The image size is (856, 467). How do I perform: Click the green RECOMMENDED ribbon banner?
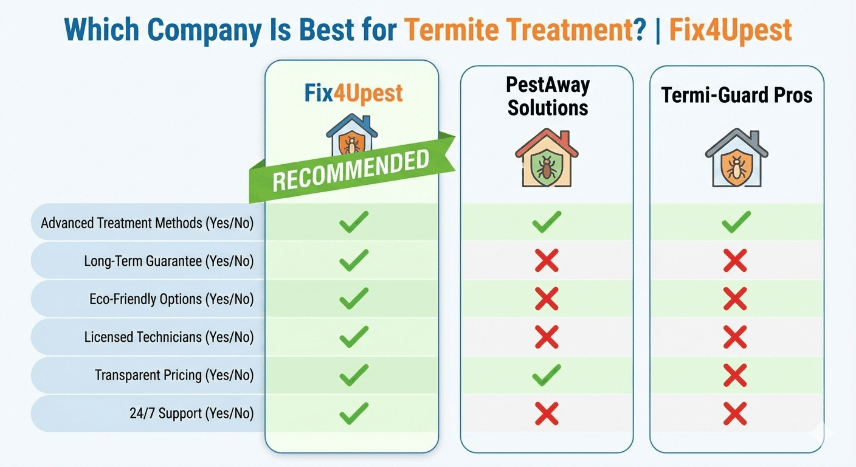click(x=351, y=168)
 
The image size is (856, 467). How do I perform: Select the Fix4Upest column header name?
click(x=353, y=94)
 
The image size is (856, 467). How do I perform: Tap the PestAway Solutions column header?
click(x=548, y=96)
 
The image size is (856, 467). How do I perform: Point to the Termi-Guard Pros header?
click(x=737, y=95)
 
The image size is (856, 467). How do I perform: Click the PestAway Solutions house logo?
click(x=547, y=157)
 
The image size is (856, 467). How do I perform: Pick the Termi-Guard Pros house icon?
click(x=736, y=157)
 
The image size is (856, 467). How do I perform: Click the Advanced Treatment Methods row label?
click(x=147, y=223)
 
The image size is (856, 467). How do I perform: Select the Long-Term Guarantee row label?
click(x=168, y=261)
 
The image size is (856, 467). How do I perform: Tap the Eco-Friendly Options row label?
click(x=171, y=299)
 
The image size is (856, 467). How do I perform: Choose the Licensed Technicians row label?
click(x=168, y=337)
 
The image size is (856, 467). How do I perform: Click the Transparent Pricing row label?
click(x=174, y=375)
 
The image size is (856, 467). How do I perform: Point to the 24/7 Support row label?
click(x=192, y=413)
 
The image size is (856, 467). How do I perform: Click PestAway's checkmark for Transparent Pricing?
click(x=547, y=375)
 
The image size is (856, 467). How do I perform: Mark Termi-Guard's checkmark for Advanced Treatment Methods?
click(x=736, y=222)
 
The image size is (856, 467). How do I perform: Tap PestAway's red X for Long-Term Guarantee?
click(x=547, y=261)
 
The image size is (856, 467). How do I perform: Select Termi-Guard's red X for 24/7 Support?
click(x=735, y=413)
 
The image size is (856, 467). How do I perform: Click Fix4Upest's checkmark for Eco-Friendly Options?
click(x=354, y=299)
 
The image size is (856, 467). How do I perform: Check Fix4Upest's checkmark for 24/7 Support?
click(x=354, y=413)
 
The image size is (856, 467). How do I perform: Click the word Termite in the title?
click(x=452, y=29)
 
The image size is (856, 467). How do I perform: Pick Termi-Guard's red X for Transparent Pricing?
click(x=735, y=375)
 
